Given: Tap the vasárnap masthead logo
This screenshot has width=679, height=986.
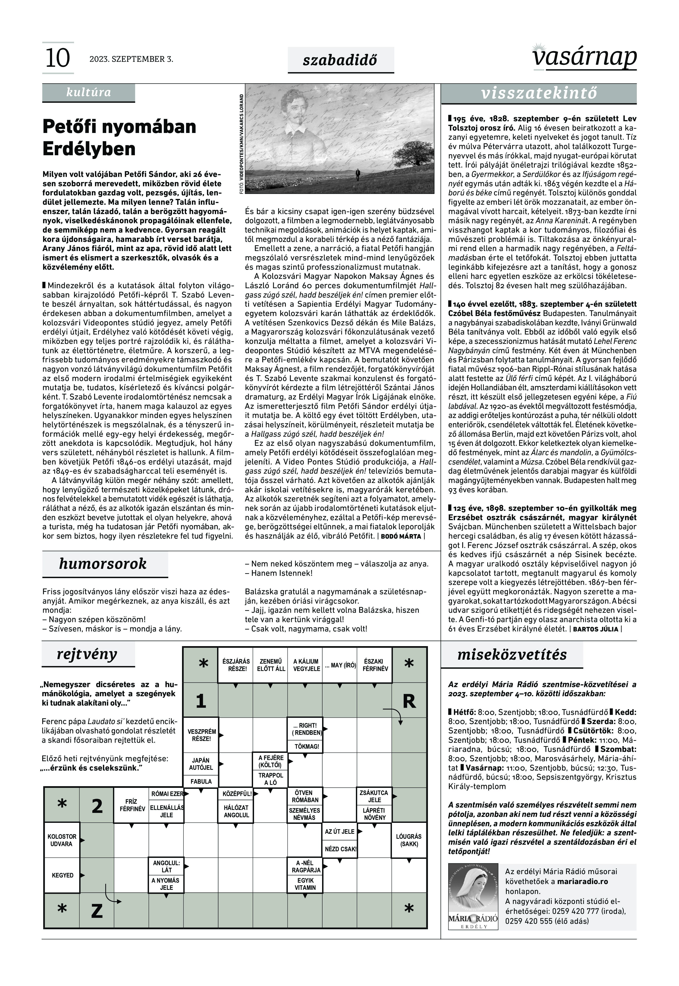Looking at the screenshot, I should click(584, 57).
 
